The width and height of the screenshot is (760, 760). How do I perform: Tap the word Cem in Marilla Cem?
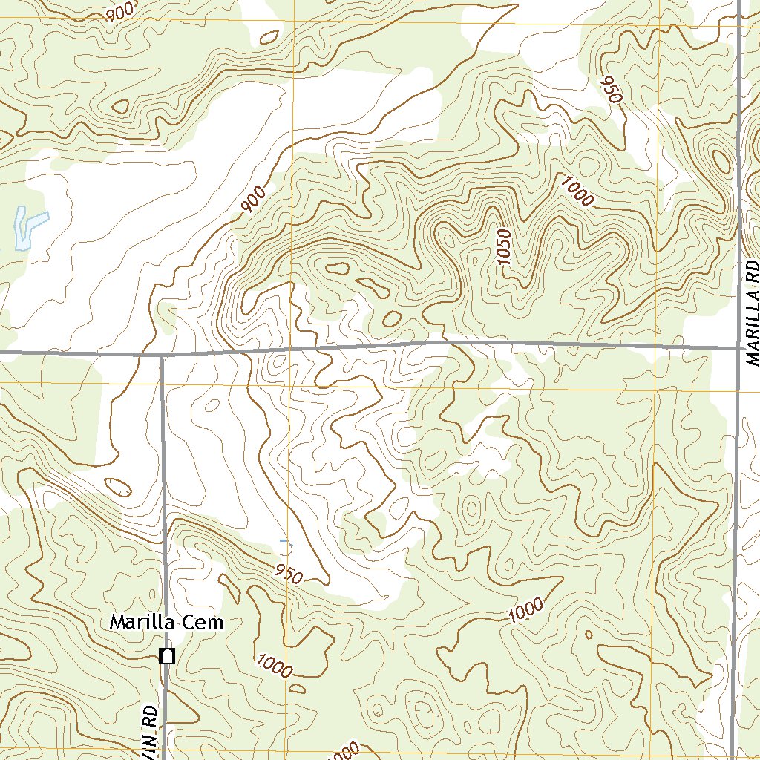(204, 622)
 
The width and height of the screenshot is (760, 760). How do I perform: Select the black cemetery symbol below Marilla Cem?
(168, 656)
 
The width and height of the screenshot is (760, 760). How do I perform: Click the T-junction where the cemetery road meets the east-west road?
(162, 356)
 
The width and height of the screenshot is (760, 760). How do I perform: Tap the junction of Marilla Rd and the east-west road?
(739, 347)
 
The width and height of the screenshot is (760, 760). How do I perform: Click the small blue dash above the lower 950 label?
(284, 542)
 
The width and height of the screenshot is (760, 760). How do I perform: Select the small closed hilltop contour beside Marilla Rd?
(720, 159)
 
